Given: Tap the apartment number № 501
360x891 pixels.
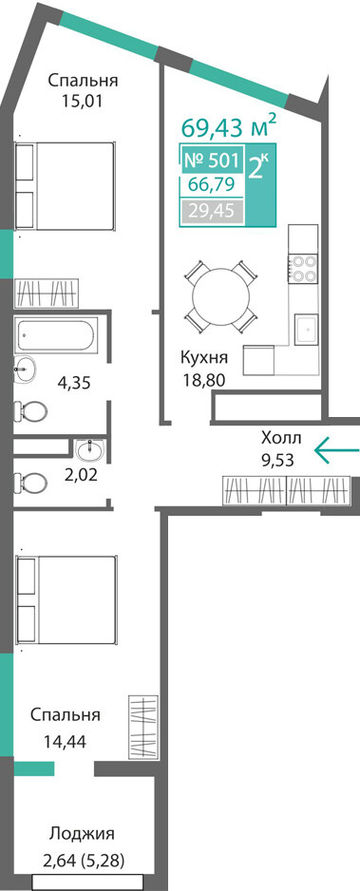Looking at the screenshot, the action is pos(213,161).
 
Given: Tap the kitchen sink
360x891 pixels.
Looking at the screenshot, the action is pos(306,331).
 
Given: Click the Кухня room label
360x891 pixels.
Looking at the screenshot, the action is pos(204,358).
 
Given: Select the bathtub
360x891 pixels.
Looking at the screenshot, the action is pos(57,334).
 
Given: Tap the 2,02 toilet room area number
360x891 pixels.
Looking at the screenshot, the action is pos(81,475).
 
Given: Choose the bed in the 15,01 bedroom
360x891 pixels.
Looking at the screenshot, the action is pos(65,185).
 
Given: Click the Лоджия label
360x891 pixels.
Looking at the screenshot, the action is pos(82,834).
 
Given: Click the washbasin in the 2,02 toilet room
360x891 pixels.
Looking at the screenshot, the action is pos(89,451).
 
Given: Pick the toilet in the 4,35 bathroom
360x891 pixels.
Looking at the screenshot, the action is pos(30,409).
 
